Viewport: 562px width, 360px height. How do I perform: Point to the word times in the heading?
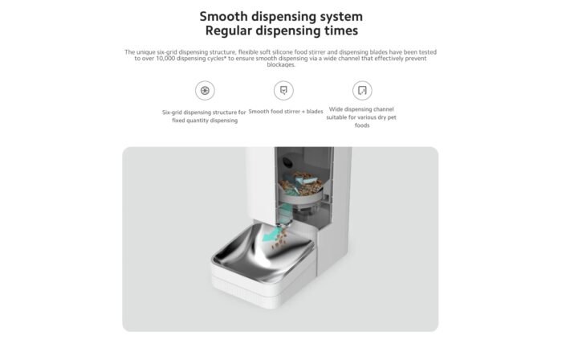coord(341,31)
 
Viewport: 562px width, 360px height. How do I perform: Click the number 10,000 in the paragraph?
coord(167,59)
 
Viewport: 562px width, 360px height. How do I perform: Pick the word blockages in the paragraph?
coord(281,65)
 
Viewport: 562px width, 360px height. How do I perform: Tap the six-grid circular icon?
coord(205,90)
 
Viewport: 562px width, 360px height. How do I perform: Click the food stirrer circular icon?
coord(283,90)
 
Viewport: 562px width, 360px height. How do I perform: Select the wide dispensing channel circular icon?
coord(362,90)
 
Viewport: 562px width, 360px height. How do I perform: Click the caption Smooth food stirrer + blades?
coord(286,112)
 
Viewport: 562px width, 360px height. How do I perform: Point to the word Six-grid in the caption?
coord(172,112)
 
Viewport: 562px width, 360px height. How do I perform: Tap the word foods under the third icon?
coord(362,125)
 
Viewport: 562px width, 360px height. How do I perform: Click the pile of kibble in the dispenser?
coord(300,183)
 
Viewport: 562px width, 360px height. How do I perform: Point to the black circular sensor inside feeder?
coord(287,162)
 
